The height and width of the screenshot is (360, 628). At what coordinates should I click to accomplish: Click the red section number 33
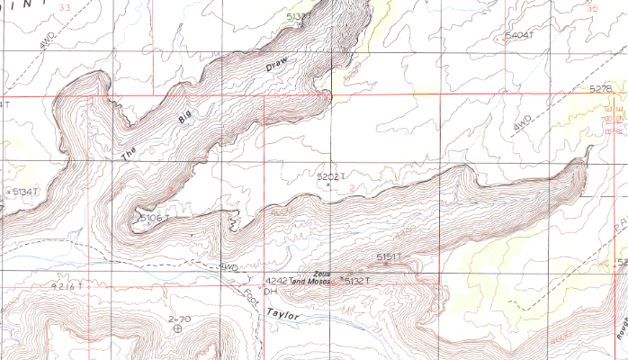click(x=62, y=7)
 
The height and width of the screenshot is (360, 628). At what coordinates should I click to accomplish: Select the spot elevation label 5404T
click(x=520, y=35)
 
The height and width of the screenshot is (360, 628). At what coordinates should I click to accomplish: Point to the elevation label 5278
click(x=600, y=88)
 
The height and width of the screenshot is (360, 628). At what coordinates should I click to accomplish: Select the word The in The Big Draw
click(x=130, y=154)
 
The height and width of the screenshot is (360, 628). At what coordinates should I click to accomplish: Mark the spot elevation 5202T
click(x=331, y=177)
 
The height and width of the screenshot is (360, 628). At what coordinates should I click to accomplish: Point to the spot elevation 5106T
click(x=155, y=218)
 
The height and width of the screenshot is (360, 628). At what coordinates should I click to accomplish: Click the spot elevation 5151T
click(x=389, y=257)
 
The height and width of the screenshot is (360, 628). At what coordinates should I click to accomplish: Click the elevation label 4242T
click(x=274, y=280)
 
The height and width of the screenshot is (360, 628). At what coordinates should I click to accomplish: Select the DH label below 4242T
click(x=268, y=291)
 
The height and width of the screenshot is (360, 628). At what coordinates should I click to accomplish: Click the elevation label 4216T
click(x=68, y=285)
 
